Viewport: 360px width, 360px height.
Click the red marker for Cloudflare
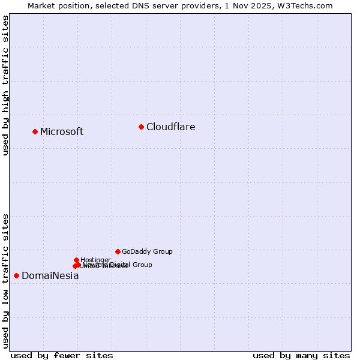click(x=141, y=127)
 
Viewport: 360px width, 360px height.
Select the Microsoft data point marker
click(x=35, y=131)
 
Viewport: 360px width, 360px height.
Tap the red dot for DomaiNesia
click(x=16, y=275)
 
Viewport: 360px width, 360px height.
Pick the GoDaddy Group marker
click(x=118, y=251)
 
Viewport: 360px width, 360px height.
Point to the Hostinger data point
click(x=76, y=260)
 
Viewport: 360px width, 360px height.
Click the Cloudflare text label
click(x=171, y=127)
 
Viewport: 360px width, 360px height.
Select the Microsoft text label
click(x=62, y=132)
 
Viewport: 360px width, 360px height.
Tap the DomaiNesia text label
click(x=50, y=276)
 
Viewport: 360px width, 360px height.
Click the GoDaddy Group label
click(x=147, y=252)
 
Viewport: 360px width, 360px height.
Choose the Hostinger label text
click(x=95, y=260)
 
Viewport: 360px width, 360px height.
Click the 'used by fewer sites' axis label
click(x=62, y=356)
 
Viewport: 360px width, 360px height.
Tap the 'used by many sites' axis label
click(x=301, y=356)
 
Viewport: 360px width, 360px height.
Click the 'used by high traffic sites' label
click(x=5, y=86)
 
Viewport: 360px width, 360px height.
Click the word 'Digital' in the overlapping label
click(x=121, y=265)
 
